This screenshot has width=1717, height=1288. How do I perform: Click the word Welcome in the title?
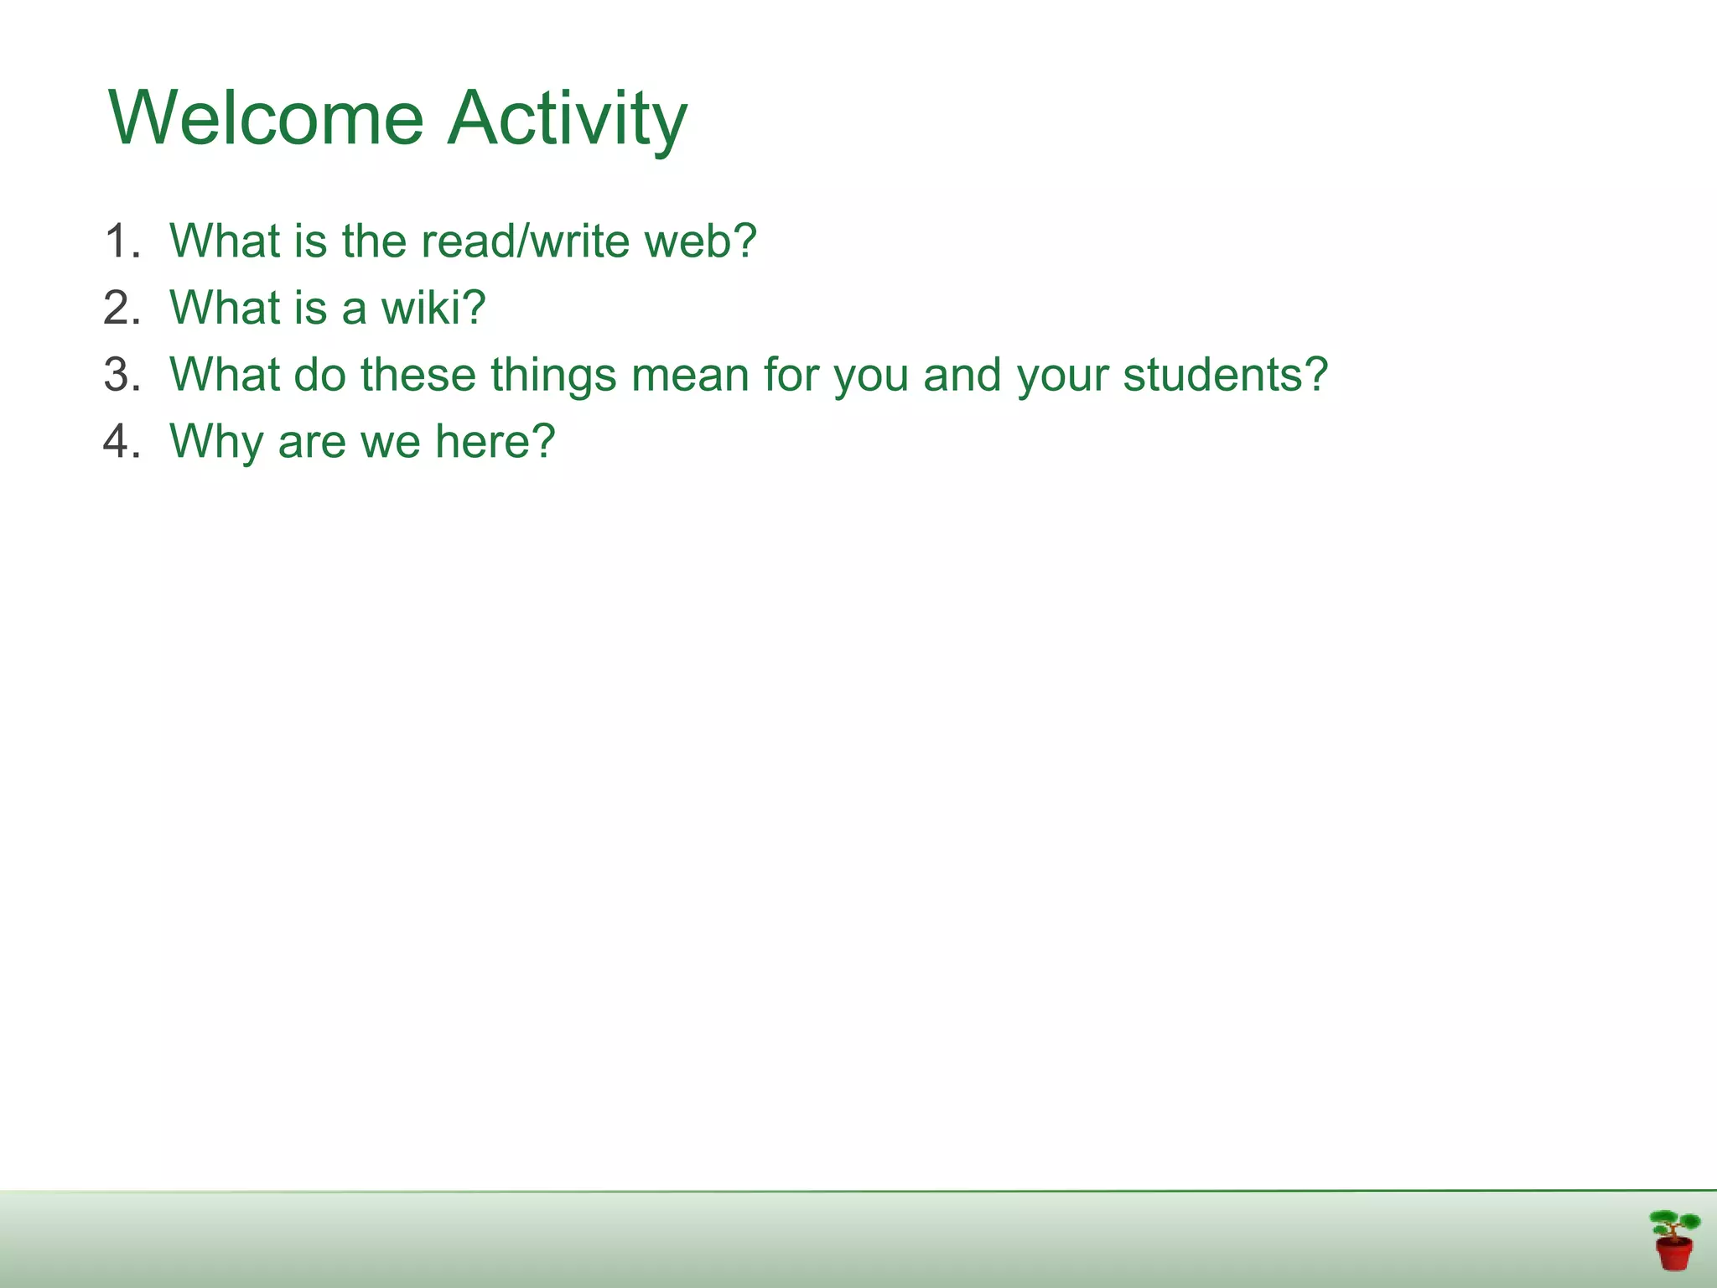267,117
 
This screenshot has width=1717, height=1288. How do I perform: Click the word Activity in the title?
567,117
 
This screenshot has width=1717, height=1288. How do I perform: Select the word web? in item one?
700,241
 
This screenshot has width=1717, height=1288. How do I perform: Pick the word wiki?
433,308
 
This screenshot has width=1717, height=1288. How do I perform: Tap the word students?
1225,375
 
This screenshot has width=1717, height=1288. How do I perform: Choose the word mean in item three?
690,375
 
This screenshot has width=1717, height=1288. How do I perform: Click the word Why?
216,442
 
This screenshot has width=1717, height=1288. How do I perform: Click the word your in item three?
1062,375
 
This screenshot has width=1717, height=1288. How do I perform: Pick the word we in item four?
390,442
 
